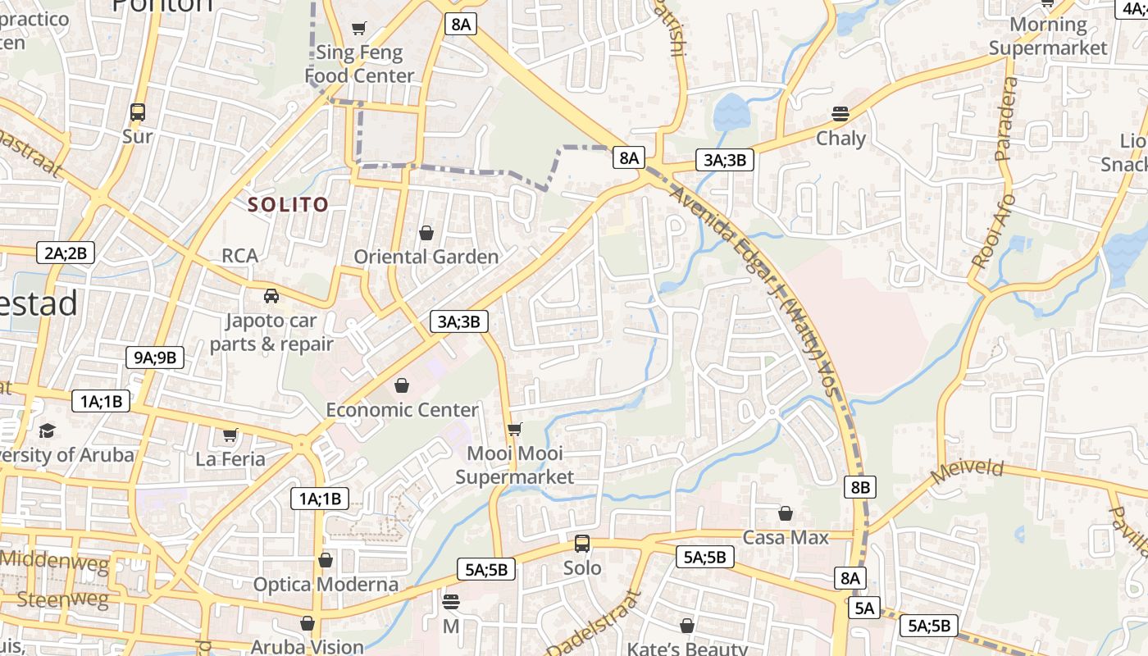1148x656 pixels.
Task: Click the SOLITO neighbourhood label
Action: pyautogui.click(x=289, y=205)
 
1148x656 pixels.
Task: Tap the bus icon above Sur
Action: pyautogui.click(x=138, y=112)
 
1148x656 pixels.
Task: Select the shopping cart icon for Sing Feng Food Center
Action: pyautogui.click(x=358, y=30)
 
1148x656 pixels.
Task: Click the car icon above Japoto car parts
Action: pyautogui.click(x=271, y=295)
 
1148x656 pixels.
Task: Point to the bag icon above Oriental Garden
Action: pyautogui.click(x=426, y=233)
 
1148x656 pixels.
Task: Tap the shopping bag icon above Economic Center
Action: pyautogui.click(x=402, y=385)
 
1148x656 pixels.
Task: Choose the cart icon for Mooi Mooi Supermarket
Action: pyautogui.click(x=515, y=429)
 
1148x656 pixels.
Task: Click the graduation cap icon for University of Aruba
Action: pyautogui.click(x=48, y=430)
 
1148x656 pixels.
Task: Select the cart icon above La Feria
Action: pyautogui.click(x=230, y=435)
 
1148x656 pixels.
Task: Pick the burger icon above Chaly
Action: pyautogui.click(x=840, y=113)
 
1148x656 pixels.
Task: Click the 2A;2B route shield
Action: pyautogui.click(x=66, y=253)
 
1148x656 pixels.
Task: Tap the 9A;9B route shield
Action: pyautogui.click(x=155, y=357)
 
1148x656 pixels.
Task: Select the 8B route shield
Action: pyautogui.click(x=859, y=487)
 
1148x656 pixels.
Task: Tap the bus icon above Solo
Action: pyautogui.click(x=582, y=543)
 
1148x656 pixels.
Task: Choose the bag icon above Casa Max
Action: pyautogui.click(x=786, y=513)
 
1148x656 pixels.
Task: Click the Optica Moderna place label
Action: pyautogui.click(x=326, y=585)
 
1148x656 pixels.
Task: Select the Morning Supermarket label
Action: pyautogui.click(x=1048, y=36)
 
